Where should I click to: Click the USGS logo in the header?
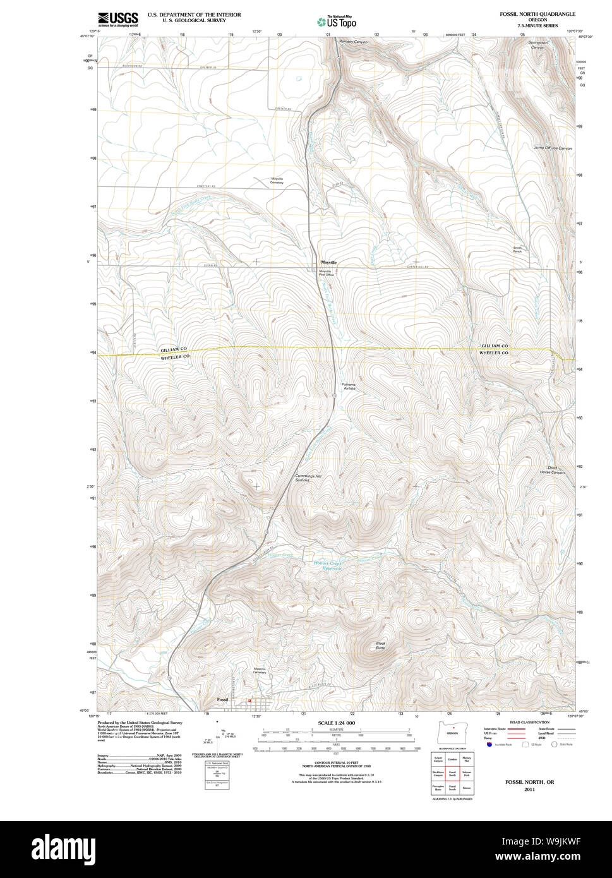tap(118, 18)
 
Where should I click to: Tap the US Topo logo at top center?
tap(337, 21)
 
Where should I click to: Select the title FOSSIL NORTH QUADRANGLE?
tap(537, 14)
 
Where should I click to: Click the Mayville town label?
tap(328, 262)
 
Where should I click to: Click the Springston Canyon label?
tap(537, 45)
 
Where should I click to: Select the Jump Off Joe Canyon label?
tap(553, 148)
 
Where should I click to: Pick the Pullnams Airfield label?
tap(349, 386)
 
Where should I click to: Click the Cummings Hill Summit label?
tap(303, 478)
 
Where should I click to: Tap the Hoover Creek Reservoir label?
tap(327, 565)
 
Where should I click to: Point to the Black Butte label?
tap(380, 646)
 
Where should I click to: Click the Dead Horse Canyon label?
tap(556, 469)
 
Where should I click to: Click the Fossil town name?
tap(222, 700)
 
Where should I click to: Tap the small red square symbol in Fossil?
tap(249, 700)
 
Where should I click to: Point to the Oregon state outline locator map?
tap(452, 731)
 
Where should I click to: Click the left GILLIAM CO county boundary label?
tap(173, 349)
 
